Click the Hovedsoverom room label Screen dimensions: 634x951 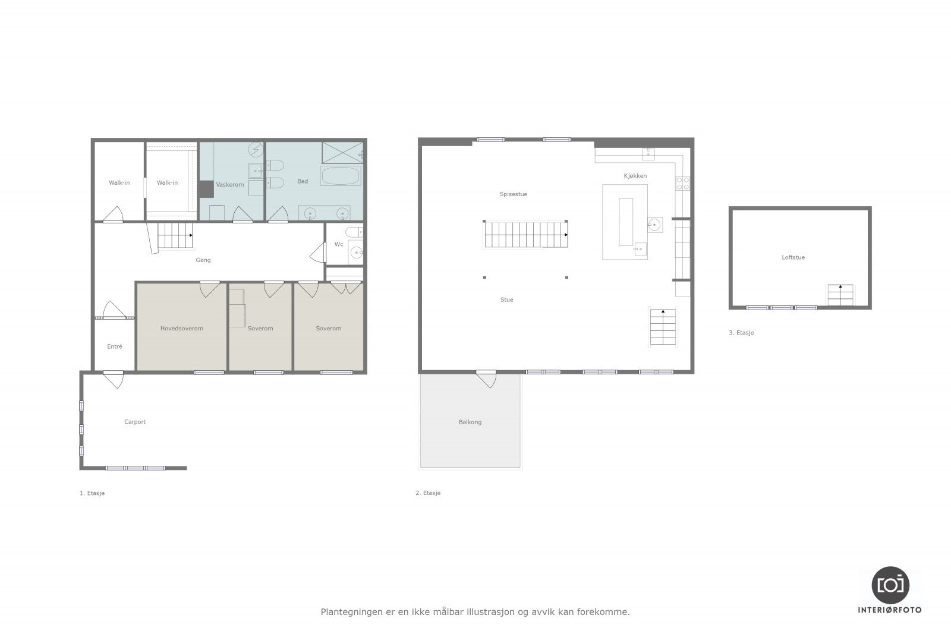181,329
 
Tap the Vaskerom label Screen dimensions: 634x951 229,185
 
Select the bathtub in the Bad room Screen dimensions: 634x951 340,176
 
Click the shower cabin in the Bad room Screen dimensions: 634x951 342,152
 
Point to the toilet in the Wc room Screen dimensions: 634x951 352,232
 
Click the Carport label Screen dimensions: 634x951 135,422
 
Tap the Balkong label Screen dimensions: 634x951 470,422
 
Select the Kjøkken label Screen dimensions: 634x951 635,176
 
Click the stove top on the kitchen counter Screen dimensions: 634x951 682,183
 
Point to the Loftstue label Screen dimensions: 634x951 793,257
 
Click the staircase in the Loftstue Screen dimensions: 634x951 840,295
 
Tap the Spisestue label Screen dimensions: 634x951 513,194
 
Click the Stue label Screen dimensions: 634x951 506,300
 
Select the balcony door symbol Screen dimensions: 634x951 486,378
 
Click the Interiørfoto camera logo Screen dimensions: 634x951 890,585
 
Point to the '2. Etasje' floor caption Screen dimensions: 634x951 428,493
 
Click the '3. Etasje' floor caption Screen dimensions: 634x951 741,333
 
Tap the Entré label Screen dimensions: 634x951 115,346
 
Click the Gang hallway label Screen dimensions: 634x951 203,260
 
